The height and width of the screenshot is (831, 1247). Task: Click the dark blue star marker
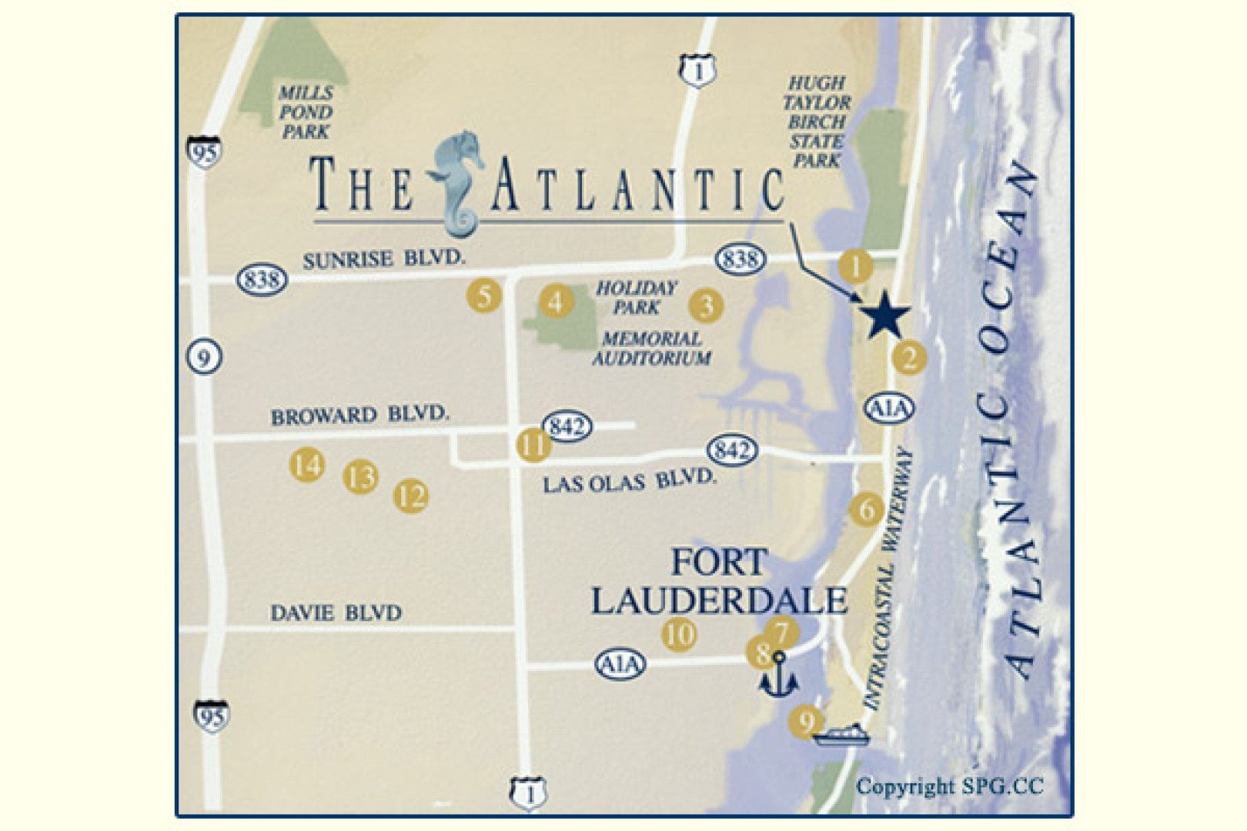pos(885,315)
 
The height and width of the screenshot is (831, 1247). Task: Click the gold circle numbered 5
pos(484,295)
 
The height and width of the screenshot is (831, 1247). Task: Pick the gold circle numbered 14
pos(306,465)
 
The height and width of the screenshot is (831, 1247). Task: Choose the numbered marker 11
pos(533,444)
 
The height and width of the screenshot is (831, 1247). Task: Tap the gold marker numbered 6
pos(866,509)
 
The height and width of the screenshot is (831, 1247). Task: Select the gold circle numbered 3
pos(705,305)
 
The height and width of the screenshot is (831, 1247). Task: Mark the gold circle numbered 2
pos(910,358)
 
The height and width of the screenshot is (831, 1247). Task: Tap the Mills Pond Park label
pos(306,112)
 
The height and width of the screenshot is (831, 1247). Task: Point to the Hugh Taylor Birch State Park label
pos(817,122)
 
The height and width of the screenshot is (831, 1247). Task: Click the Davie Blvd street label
pos(336,613)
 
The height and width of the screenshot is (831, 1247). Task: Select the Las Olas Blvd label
pos(628,482)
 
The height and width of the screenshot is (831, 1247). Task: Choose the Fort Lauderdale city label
pos(719,582)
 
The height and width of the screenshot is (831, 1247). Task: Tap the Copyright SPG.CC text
pos(949,786)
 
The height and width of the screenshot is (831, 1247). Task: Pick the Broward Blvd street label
pos(359,415)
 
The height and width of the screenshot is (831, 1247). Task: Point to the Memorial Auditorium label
pos(651,349)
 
